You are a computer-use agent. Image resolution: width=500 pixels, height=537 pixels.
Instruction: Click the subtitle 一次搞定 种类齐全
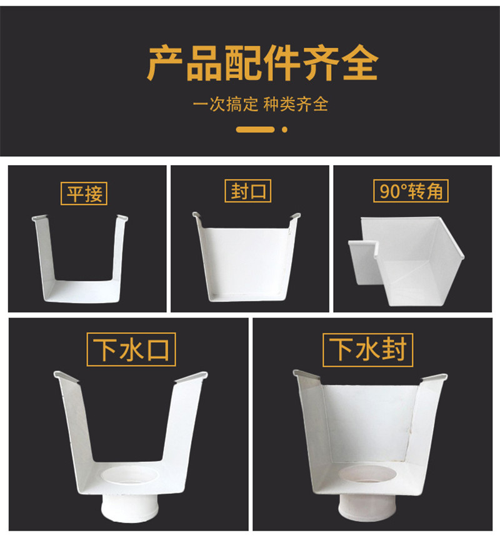pos(260,104)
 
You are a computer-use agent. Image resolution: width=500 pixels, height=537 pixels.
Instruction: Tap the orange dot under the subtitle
pos(284,129)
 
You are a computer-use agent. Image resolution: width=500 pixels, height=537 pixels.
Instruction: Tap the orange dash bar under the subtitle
pos(255,129)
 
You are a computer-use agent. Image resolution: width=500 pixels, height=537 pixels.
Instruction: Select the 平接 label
pos(84,194)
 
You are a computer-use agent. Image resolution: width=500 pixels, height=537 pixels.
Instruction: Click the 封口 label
pos(248,191)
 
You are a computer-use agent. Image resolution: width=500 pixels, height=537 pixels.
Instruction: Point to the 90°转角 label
pos(411,191)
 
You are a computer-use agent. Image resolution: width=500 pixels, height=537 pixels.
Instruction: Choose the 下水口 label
pos(131,349)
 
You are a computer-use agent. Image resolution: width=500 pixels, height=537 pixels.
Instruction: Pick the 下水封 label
pos(367,349)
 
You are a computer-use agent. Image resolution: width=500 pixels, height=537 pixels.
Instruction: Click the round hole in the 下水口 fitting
pos(130,475)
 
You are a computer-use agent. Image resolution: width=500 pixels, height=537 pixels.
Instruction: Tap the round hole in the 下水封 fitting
pos(367,474)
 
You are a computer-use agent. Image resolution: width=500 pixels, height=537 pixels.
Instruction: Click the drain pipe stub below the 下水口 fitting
pos(130,508)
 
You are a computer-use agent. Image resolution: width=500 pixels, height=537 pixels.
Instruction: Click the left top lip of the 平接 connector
pos(39,218)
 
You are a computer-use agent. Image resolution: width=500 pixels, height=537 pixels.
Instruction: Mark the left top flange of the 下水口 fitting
pos(66,376)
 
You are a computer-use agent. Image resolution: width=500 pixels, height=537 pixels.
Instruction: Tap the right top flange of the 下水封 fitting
pos(434,378)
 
